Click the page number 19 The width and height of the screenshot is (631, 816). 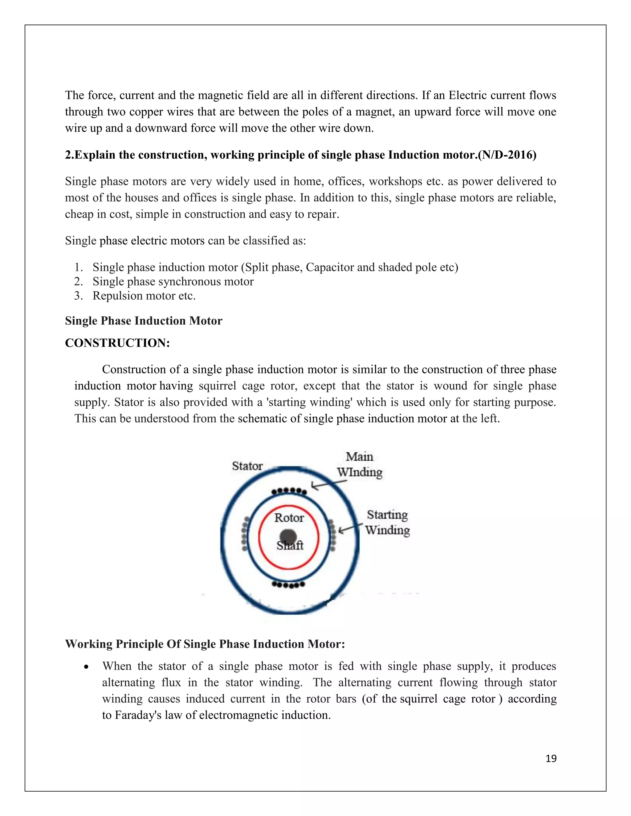551,758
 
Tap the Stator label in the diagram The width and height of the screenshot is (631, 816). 247,466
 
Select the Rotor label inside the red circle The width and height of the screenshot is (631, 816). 289,518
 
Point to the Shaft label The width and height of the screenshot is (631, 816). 290,546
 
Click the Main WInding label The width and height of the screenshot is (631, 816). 360,464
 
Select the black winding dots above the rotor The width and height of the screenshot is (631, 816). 289,491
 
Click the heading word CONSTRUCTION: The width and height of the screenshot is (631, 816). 117,343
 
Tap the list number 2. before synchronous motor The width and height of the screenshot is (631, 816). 78,281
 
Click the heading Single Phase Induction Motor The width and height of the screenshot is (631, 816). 144,321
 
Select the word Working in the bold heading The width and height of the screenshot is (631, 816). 89,644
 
